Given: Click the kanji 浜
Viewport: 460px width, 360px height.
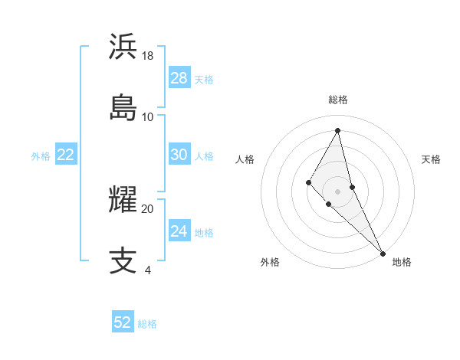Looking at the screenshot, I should [123, 47].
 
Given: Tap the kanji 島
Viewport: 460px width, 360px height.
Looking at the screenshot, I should [123, 106].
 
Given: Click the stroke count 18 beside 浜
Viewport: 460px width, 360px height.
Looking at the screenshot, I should [148, 56].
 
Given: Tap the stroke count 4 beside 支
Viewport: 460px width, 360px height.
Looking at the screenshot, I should [148, 270].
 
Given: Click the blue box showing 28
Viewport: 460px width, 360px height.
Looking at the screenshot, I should [179, 78].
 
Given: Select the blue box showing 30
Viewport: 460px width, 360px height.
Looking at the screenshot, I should [179, 155].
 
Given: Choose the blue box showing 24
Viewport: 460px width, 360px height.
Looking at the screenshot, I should [179, 231].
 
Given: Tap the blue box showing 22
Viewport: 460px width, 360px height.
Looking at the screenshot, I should [66, 155].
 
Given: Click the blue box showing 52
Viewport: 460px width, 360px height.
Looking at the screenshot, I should [123, 322].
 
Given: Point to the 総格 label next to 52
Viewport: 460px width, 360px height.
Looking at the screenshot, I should [147, 324].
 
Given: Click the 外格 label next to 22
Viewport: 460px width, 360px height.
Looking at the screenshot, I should [41, 156].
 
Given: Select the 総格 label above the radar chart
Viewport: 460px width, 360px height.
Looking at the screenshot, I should [338, 100].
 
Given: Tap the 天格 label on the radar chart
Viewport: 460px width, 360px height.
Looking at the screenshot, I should [431, 159].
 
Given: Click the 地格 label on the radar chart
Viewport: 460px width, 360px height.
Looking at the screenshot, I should [402, 262].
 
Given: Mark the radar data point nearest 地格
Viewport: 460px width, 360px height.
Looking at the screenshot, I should [383, 252].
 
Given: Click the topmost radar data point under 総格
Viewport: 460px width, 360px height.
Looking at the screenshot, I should [338, 129].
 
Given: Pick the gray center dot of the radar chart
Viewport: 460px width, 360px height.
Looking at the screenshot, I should [338, 191].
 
